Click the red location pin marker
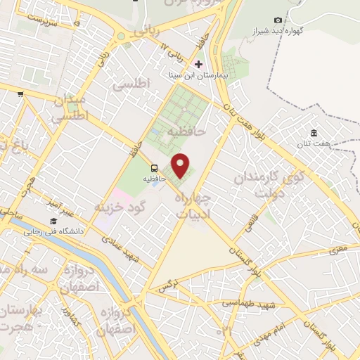pyautogui.click(x=181, y=165)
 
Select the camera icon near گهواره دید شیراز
pyautogui.click(x=278, y=20)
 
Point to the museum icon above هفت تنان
pyautogui.click(x=314, y=134)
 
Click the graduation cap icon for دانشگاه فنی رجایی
pyautogui.click(x=53, y=221)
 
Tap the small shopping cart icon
pyautogui.click(x=20, y=94)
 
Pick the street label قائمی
pyautogui.click(x=250, y=224)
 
